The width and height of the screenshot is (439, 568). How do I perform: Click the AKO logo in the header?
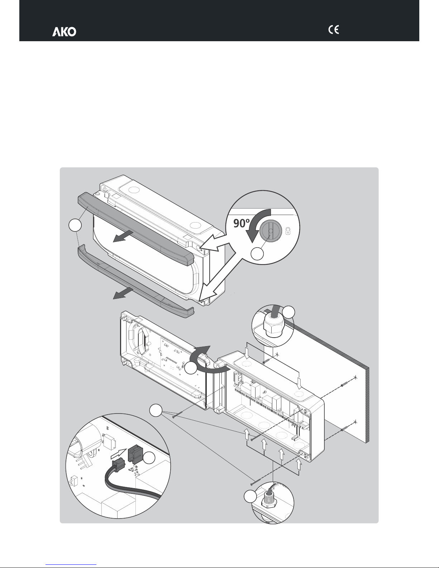(65, 32)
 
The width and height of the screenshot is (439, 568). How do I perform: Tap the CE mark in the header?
(334, 30)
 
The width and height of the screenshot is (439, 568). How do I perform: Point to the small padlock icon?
(288, 232)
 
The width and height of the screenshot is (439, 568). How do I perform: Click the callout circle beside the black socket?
(149, 459)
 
